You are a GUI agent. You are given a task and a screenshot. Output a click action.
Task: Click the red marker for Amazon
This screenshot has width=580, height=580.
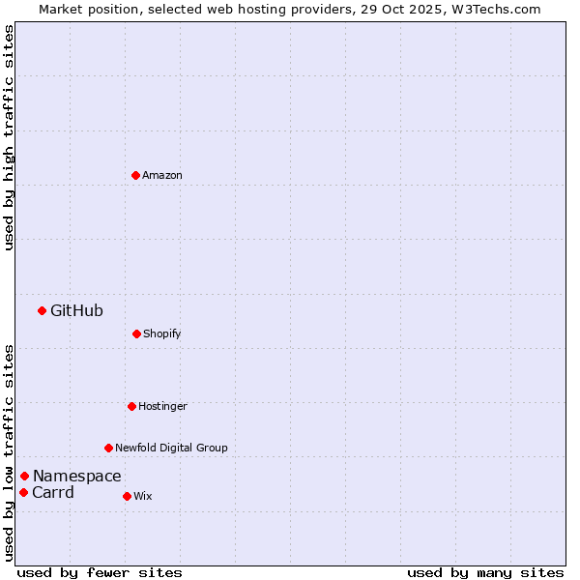tap(135, 175)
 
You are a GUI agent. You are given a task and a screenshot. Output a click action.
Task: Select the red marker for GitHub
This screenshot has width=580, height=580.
tap(42, 310)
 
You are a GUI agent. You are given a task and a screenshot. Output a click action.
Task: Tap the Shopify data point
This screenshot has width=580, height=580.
tap(136, 333)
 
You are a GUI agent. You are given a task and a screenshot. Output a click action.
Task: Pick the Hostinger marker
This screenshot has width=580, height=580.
tap(131, 406)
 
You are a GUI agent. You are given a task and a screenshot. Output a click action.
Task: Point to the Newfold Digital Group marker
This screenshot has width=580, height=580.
tap(108, 448)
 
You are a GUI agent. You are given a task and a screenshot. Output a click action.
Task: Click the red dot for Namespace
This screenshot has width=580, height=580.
tap(24, 476)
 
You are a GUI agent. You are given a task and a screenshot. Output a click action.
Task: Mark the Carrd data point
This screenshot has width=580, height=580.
tap(23, 492)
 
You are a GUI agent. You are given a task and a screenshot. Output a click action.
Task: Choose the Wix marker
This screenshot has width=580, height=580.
tap(127, 496)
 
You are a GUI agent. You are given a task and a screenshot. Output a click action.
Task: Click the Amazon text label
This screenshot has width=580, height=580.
tap(162, 175)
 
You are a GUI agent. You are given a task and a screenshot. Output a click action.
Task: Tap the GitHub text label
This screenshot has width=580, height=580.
tap(76, 310)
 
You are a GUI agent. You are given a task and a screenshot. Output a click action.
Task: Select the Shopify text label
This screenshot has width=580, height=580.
tap(162, 333)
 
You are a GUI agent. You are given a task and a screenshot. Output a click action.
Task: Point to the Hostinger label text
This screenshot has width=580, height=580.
tap(162, 406)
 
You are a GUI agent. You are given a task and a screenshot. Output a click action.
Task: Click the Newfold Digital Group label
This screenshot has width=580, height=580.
tap(171, 448)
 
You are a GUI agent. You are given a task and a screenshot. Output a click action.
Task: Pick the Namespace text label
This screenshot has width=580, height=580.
tap(77, 476)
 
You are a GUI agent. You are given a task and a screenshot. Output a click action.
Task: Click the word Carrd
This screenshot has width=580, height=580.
tap(53, 492)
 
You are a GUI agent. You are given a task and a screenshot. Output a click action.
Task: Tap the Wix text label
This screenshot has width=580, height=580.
tap(143, 496)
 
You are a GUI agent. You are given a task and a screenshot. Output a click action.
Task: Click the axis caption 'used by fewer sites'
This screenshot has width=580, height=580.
tap(100, 572)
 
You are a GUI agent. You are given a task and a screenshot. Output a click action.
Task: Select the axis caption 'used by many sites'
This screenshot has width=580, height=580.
tap(485, 572)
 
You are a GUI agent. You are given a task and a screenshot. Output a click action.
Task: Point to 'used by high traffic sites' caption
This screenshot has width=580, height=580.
tap(9, 137)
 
